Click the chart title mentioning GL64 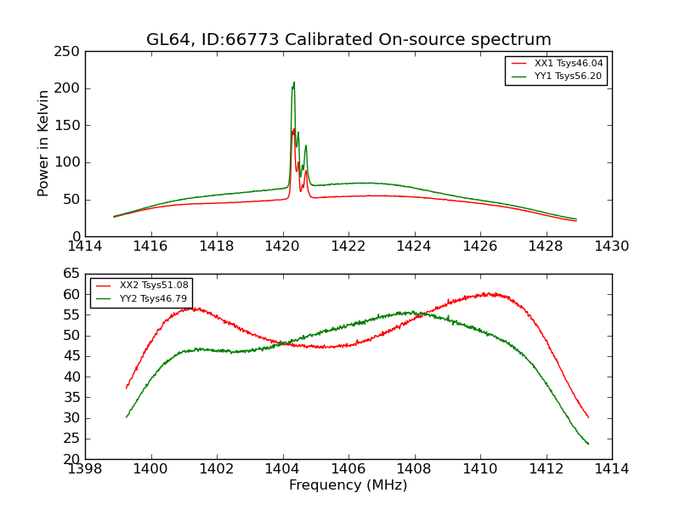pos(348,40)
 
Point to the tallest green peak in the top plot pos(294,82)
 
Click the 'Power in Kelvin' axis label pos(43,143)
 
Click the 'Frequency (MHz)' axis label pos(348,485)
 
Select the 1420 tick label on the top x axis pos(282,246)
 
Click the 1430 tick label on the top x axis pos(612,246)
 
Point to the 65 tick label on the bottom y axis pos(72,274)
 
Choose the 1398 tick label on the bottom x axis pos(85,469)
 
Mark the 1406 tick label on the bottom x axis pos(348,469)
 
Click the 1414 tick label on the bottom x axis pos(612,469)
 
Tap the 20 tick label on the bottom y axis pos(72,459)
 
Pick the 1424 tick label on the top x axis pos(414,246)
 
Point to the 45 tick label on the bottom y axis pos(72,377)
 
